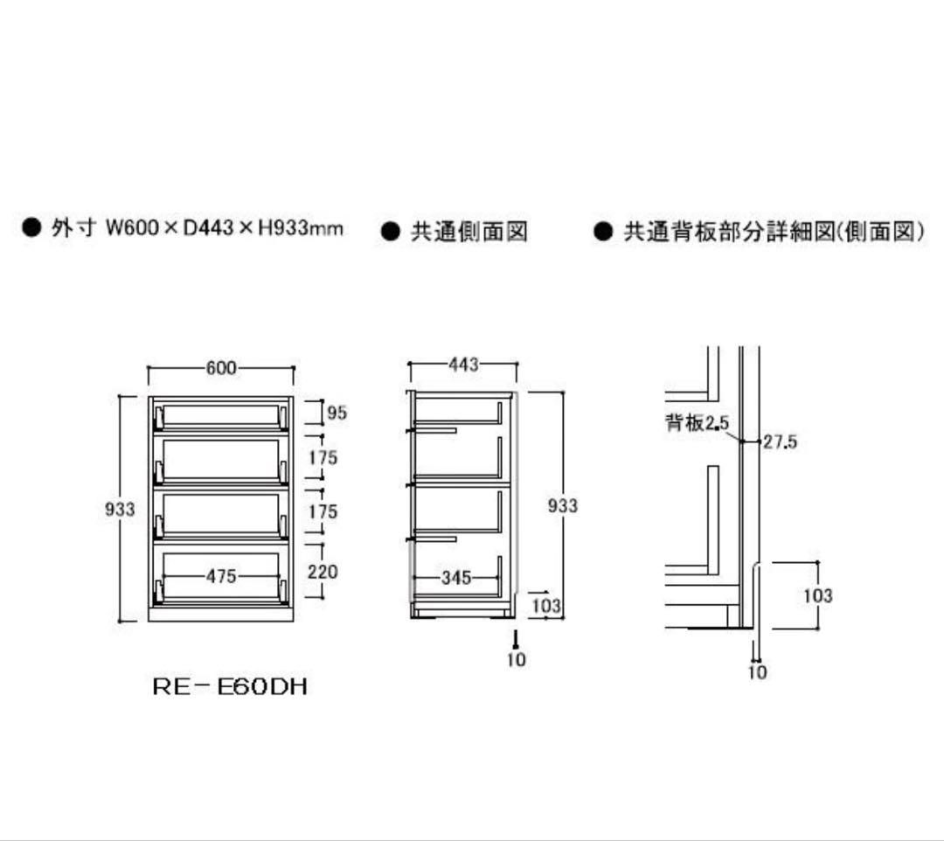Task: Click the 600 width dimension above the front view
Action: (221, 367)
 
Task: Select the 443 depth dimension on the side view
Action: (463, 365)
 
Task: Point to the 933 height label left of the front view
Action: (120, 510)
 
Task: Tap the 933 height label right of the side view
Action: (562, 505)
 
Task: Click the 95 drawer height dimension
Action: (337, 413)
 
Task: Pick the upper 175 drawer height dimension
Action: (323, 457)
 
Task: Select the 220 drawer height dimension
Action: (323, 571)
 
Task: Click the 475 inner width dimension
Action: (221, 576)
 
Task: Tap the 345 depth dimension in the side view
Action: (455, 577)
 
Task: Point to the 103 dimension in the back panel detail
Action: (818, 595)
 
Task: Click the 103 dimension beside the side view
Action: (546, 605)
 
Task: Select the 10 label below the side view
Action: (516, 660)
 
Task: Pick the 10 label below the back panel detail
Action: (757, 671)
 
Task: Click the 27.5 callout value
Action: (781, 441)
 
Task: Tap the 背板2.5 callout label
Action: (698, 422)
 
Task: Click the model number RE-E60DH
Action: (230, 687)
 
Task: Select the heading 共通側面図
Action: (469, 232)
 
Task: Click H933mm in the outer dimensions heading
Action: (301, 228)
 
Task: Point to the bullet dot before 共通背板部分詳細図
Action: (602, 231)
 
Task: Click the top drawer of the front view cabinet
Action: (221, 414)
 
